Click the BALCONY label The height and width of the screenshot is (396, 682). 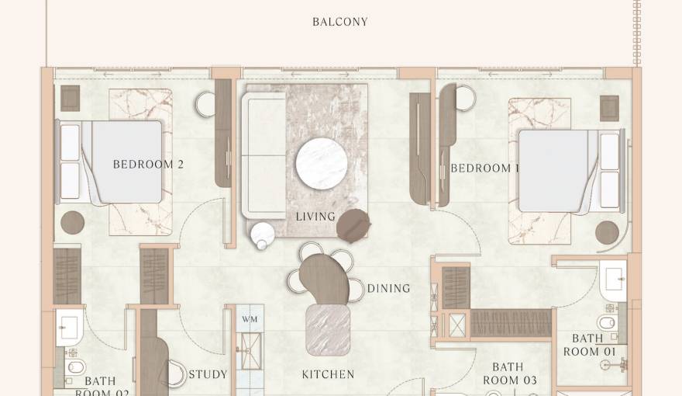click(x=339, y=22)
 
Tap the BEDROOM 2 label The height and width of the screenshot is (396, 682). click(x=148, y=165)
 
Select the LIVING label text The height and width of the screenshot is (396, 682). click(x=315, y=217)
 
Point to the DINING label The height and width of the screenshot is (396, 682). click(x=388, y=289)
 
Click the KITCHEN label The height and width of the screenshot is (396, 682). click(x=328, y=374)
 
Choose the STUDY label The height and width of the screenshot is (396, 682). click(x=208, y=374)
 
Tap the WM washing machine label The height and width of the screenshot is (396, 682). click(x=250, y=319)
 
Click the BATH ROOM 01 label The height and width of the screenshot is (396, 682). click(x=589, y=345)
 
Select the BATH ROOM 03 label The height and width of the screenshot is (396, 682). click(x=508, y=373)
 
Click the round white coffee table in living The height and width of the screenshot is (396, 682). click(x=321, y=162)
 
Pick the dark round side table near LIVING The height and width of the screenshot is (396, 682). click(x=353, y=224)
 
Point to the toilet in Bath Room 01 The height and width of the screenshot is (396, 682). click(x=607, y=322)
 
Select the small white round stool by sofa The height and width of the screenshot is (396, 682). click(x=263, y=233)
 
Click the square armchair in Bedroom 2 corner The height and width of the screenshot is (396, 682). click(x=71, y=99)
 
